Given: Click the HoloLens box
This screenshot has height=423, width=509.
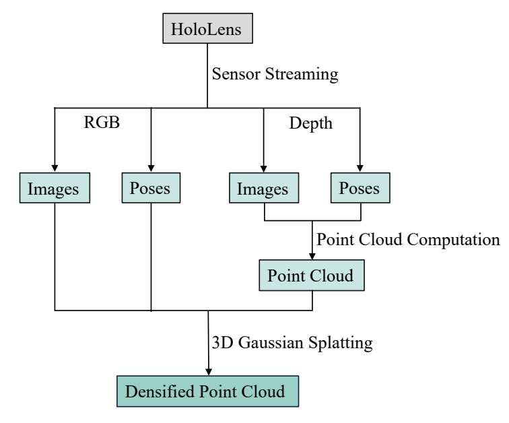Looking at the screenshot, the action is pos(208,28).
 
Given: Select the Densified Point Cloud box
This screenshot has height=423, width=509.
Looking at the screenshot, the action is pos(208,391).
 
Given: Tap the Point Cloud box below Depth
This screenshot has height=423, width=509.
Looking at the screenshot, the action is pos(312,275).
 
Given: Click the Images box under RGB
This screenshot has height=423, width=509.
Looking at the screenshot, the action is pos(55,188).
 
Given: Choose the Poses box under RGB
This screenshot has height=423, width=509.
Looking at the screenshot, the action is pos(151,188).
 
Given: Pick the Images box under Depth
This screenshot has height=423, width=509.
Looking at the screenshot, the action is pos(264,188).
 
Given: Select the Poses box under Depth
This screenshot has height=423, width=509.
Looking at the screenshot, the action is pos(360,188).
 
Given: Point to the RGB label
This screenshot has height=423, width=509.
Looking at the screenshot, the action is pos(102,123).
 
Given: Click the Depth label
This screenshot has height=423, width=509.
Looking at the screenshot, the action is pos(311,124).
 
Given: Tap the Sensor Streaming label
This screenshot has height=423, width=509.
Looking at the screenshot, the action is pos(275,74).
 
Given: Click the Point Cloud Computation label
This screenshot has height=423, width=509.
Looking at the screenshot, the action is pos(408,240).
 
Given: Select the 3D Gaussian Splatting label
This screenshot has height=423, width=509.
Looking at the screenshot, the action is pos(292,343).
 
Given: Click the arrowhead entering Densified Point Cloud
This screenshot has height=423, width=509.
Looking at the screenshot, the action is pos(209,372).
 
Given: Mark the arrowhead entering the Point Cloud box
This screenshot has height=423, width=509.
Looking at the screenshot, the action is pos(312,256).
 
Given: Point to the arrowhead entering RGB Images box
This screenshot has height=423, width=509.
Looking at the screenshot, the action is pos(55,168).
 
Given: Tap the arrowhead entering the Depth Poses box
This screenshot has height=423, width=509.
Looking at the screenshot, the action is pos(360,168).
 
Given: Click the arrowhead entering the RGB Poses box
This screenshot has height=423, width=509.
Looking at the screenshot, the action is pos(151,168).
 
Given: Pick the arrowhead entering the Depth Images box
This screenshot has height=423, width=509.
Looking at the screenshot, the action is pos(264,168).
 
